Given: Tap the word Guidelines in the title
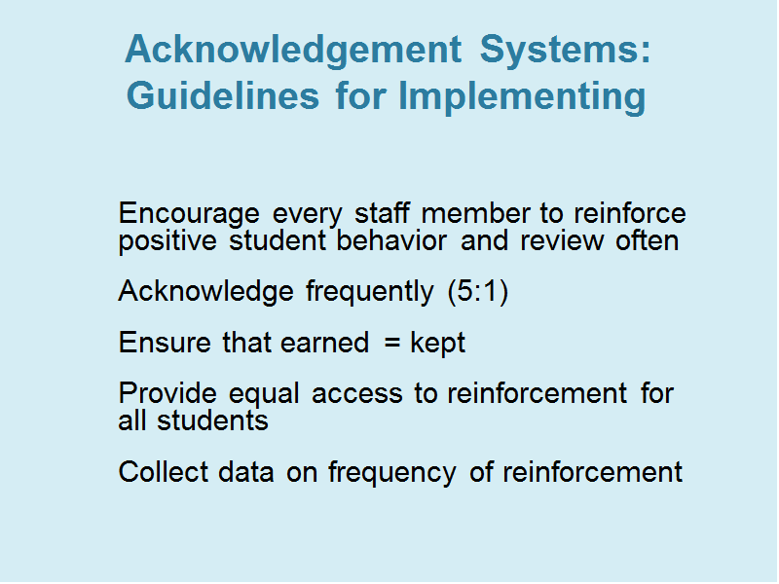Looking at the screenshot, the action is coord(223,95).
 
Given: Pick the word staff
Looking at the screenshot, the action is coord(382,213).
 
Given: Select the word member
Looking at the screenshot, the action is coord(475,213).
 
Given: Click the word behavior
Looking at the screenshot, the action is coord(391,240).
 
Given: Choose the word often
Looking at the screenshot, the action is coord(647,240).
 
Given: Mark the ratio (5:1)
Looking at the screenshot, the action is coord(478,291).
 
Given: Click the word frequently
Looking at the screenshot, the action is coord(370,292).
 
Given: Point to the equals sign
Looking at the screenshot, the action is coord(392,343).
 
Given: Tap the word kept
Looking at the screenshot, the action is coord(437,344).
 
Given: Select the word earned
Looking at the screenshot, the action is coord(324,343).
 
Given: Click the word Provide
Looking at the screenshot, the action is coord(167,394).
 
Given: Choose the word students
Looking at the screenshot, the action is coord(212,421).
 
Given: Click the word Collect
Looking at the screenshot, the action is coord(164,472).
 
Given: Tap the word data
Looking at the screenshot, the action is coord(246,472).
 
